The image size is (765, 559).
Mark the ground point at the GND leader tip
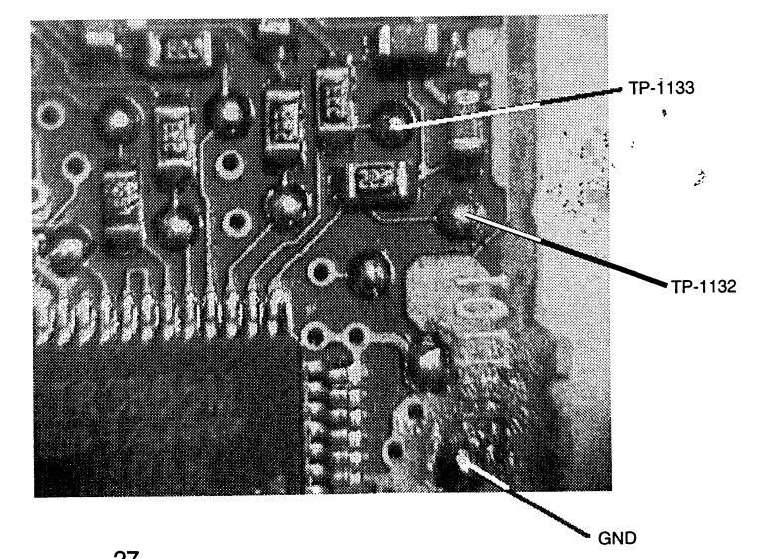pos(463,461)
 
